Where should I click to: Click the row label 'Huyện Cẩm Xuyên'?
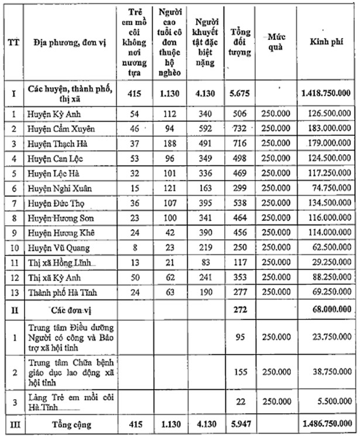click(61, 128)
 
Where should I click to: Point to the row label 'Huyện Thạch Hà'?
click(60, 143)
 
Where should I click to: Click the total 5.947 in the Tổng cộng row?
click(241, 422)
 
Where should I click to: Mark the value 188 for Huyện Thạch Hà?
click(172, 143)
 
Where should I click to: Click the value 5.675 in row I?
click(241, 93)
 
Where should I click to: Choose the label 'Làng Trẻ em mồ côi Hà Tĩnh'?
click(65, 403)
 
